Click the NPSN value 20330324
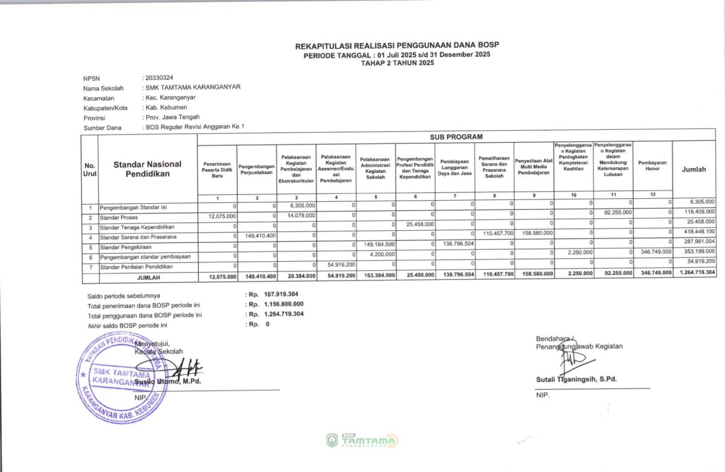[159, 78]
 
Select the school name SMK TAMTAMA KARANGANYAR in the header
[193, 87]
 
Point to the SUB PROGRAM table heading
[456, 137]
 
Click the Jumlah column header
[694, 170]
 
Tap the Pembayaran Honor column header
[652, 167]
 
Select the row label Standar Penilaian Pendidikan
[136, 267]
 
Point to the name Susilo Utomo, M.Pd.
[168, 381]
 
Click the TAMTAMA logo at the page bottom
[362, 441]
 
